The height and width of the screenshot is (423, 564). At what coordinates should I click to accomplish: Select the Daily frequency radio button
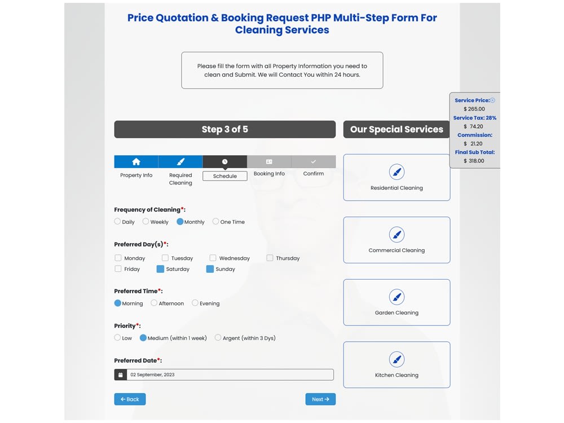117,222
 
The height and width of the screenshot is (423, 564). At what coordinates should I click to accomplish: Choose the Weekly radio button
146,222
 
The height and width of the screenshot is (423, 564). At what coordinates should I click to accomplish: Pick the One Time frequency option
215,222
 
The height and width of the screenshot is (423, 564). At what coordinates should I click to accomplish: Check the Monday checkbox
118,258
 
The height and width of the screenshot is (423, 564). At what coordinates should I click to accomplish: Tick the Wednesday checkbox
213,258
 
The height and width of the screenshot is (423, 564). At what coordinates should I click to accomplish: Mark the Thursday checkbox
270,258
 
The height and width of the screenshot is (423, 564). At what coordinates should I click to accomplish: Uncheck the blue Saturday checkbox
160,269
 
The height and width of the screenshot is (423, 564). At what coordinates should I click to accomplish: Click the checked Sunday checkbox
210,269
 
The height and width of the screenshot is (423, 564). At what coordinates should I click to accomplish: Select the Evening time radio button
195,303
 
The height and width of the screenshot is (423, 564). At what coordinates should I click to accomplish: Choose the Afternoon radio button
153,303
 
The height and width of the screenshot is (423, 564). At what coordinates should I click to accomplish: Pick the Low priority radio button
117,338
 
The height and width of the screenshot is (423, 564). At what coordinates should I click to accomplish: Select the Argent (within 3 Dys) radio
218,338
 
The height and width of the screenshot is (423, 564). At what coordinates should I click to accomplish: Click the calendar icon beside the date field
120,374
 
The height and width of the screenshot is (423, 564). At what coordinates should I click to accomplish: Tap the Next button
320,399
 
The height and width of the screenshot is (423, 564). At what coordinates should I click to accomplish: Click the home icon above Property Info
136,162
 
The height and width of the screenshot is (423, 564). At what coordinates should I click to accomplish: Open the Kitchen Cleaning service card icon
396,359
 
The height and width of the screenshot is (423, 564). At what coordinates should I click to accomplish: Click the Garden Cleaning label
396,313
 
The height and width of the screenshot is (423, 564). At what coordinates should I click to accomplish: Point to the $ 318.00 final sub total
474,161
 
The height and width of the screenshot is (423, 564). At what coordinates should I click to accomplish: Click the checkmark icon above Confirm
314,162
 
